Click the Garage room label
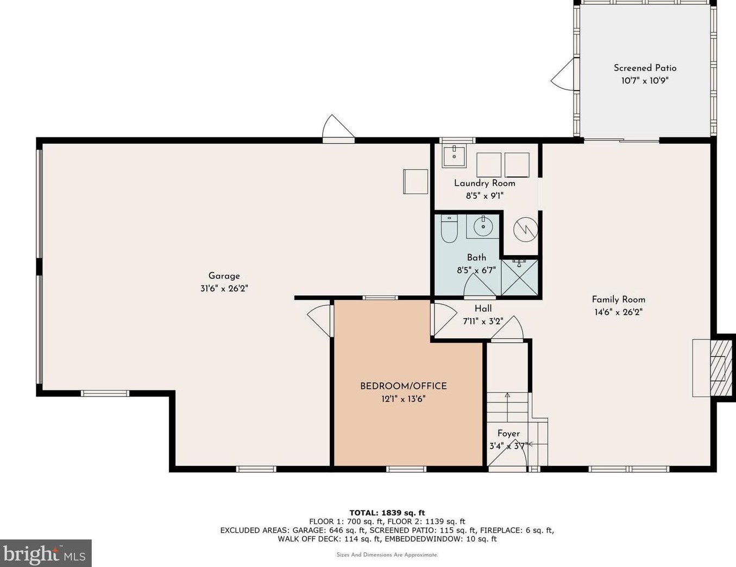click(224, 276)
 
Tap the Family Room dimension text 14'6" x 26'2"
click(618, 312)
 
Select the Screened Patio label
click(645, 68)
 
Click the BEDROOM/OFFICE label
click(403, 386)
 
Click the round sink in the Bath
click(482, 226)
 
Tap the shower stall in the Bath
click(520, 277)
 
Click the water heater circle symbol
click(525, 230)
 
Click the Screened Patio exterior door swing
click(564, 75)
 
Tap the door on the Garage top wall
click(337, 129)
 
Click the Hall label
click(483, 308)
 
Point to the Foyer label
click(508, 433)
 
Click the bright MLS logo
click(45, 553)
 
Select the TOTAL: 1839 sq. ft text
click(387, 513)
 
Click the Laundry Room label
click(485, 183)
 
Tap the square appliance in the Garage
click(416, 181)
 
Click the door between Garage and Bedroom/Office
click(320, 320)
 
